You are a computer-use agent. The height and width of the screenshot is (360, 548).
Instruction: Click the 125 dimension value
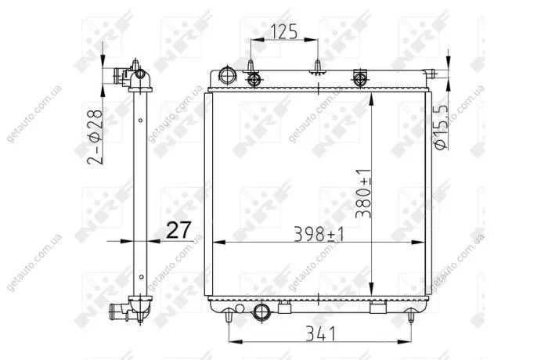(284, 31)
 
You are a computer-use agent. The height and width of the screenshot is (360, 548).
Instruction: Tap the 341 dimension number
(320, 333)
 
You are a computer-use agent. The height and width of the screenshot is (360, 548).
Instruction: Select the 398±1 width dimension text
(319, 234)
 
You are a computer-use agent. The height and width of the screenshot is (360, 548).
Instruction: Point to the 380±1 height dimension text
(363, 193)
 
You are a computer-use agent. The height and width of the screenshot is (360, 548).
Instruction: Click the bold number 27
(178, 230)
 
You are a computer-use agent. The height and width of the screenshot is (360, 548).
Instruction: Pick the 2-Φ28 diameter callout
(95, 137)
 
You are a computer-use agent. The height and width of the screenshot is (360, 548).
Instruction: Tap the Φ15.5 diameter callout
(441, 128)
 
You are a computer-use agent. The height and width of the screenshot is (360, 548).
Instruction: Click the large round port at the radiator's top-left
(227, 75)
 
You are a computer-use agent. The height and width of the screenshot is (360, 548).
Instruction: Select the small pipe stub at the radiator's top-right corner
(431, 74)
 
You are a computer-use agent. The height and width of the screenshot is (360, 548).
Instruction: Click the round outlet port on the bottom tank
(261, 311)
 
